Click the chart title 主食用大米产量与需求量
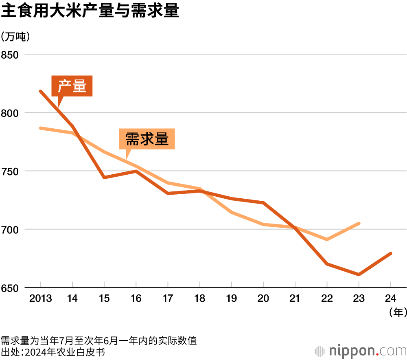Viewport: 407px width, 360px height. [x=90, y=11]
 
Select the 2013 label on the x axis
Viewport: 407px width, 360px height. [x=41, y=299]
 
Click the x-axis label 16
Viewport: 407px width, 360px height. [x=136, y=299]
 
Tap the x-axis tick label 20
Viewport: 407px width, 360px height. [x=263, y=299]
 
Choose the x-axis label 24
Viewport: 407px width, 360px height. [x=391, y=299]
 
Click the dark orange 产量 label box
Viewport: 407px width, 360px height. [x=72, y=86]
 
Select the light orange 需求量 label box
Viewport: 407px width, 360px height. [x=147, y=139]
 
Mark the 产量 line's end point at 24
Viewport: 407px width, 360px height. [x=391, y=253]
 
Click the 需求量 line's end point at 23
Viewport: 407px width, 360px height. [x=359, y=223]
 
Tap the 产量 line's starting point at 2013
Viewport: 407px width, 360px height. [x=41, y=91]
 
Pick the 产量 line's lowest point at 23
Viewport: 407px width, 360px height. [x=359, y=274]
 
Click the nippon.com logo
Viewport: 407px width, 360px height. [x=361, y=350]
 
